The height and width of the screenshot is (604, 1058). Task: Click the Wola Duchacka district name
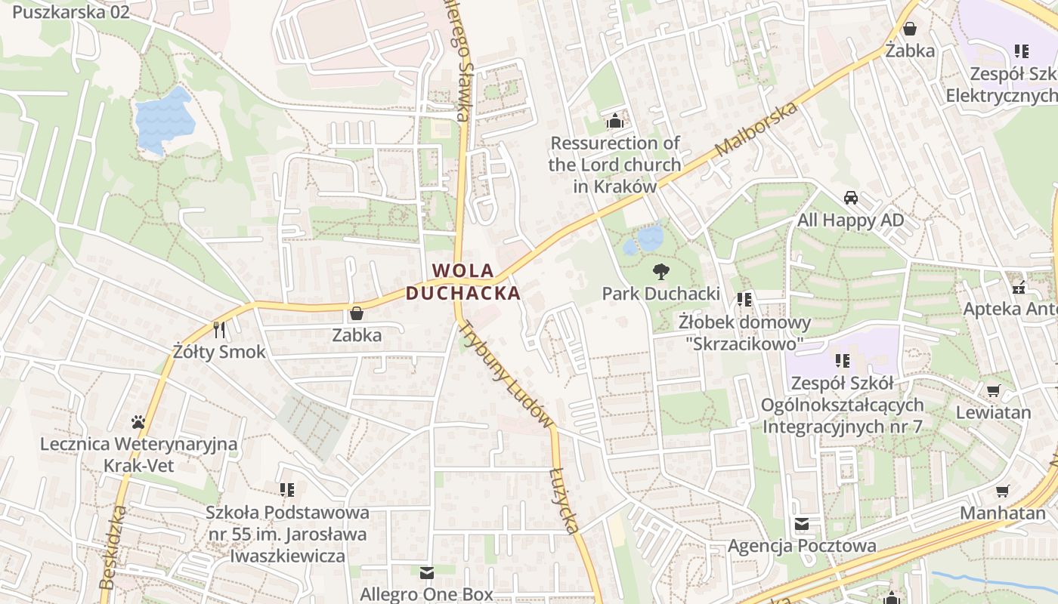pyautogui.click(x=463, y=281)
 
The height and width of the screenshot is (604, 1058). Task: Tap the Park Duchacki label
pyautogui.click(x=661, y=294)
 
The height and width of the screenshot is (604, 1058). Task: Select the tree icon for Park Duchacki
pyautogui.click(x=661, y=272)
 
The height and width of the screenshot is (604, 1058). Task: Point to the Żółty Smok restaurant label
pyautogui.click(x=219, y=352)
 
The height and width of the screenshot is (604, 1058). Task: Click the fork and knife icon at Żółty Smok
pyautogui.click(x=219, y=330)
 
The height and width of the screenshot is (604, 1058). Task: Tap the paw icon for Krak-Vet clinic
pyautogui.click(x=138, y=422)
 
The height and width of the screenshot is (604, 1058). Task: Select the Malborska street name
pyautogui.click(x=757, y=130)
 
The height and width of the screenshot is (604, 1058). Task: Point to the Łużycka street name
pyautogui.click(x=564, y=501)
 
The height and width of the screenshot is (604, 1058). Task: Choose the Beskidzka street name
pyautogui.click(x=112, y=548)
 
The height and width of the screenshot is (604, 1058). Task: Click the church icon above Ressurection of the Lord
pyautogui.click(x=615, y=121)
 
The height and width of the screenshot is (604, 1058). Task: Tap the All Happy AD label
pyautogui.click(x=850, y=220)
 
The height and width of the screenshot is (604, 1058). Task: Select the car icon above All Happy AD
pyautogui.click(x=851, y=198)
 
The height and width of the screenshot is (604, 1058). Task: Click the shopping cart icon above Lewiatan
pyautogui.click(x=993, y=390)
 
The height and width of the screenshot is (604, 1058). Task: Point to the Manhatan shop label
pyautogui.click(x=1002, y=513)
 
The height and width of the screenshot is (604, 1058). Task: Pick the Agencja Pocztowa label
pyautogui.click(x=802, y=546)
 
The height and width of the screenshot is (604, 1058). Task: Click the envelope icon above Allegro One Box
pyautogui.click(x=427, y=573)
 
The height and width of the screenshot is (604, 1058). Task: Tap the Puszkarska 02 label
pyautogui.click(x=71, y=12)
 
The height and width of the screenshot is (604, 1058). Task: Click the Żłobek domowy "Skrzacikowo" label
pyautogui.click(x=744, y=333)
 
